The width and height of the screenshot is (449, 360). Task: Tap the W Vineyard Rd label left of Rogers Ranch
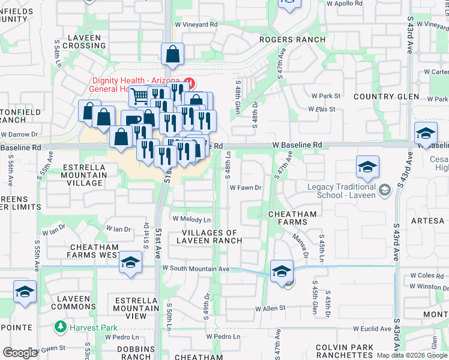point(196,25)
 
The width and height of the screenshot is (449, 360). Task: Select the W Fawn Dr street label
point(247,188)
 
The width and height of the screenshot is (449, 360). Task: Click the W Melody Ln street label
point(192,219)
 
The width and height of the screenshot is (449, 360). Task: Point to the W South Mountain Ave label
point(196,268)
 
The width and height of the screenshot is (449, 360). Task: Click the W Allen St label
point(270,309)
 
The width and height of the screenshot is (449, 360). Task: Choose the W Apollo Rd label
point(339,4)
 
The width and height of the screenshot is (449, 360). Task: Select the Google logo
point(20,353)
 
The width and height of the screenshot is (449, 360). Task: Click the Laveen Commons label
point(70,302)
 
